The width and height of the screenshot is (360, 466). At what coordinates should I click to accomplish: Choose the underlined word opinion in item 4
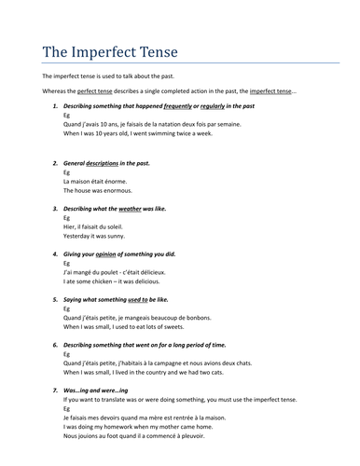point(113,254)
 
